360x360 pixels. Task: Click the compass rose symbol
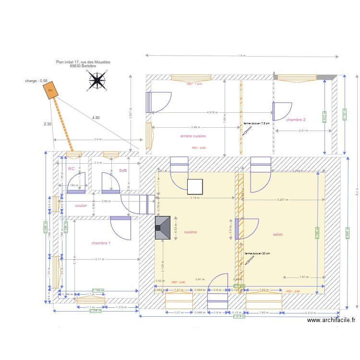97,80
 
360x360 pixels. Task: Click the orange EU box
50,91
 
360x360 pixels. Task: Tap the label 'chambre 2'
296,120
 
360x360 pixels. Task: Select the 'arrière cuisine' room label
193,136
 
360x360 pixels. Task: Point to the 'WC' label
71,169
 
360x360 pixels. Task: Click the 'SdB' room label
123,170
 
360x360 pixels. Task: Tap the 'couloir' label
81,205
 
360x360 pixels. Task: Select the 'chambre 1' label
101,243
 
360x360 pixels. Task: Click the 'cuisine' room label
191,232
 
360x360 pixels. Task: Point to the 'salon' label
277,235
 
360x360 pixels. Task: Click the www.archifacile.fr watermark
331,320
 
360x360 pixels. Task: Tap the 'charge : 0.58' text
36,81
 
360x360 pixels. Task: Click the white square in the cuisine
194,186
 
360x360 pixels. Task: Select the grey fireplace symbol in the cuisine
163,228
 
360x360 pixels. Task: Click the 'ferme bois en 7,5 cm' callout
257,123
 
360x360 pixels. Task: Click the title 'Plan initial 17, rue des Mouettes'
83,62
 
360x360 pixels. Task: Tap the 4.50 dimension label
96,118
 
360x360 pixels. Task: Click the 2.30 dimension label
47,124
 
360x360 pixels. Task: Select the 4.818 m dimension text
212,112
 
